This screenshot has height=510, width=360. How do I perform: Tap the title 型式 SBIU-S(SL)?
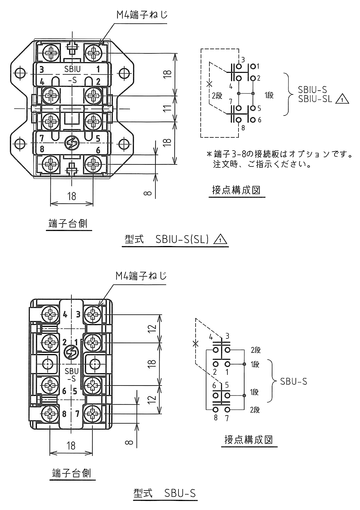pos(175,239)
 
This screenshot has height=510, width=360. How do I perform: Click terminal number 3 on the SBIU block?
pos(42,70)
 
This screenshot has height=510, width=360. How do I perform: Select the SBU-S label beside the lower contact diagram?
pos(294,381)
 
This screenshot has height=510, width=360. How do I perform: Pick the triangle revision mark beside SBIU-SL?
pos(342,99)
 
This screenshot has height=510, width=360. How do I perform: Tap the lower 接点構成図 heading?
pos(249,439)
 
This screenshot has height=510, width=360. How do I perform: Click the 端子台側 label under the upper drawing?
pos(68,223)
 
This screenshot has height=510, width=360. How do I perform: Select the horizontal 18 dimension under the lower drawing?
pos(71,445)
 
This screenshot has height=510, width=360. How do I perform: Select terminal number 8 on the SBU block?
pos(64,414)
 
